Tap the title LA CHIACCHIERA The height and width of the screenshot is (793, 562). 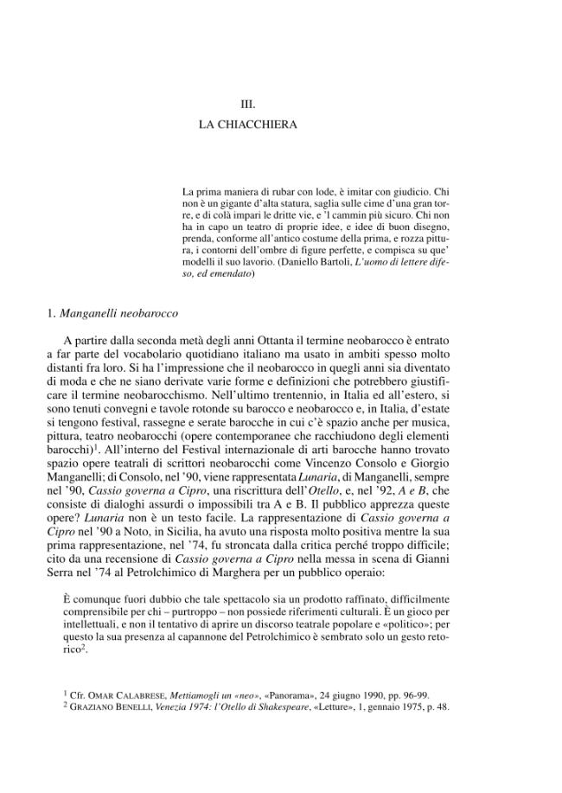point(248,125)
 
